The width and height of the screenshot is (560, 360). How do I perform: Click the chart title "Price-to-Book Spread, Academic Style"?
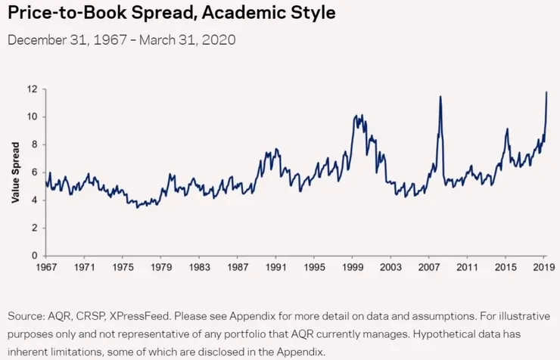point(171,14)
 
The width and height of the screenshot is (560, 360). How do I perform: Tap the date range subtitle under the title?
point(121,40)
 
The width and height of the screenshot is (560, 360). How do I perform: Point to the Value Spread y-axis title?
point(15,172)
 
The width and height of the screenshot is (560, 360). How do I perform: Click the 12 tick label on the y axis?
point(32,89)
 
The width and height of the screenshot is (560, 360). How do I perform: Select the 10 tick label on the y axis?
point(32,117)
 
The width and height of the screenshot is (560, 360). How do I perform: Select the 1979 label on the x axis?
point(160,268)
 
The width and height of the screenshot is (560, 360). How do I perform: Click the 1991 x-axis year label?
point(275,268)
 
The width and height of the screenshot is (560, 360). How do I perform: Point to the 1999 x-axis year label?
point(353,268)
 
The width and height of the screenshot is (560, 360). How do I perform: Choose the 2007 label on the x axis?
point(429,268)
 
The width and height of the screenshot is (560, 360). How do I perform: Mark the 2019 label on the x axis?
point(544,268)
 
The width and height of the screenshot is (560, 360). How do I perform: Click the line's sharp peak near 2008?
point(440,97)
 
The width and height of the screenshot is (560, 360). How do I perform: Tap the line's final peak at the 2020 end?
point(547,92)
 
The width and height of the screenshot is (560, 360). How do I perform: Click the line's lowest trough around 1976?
point(137,206)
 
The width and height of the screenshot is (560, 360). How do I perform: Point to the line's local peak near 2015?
point(506,129)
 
